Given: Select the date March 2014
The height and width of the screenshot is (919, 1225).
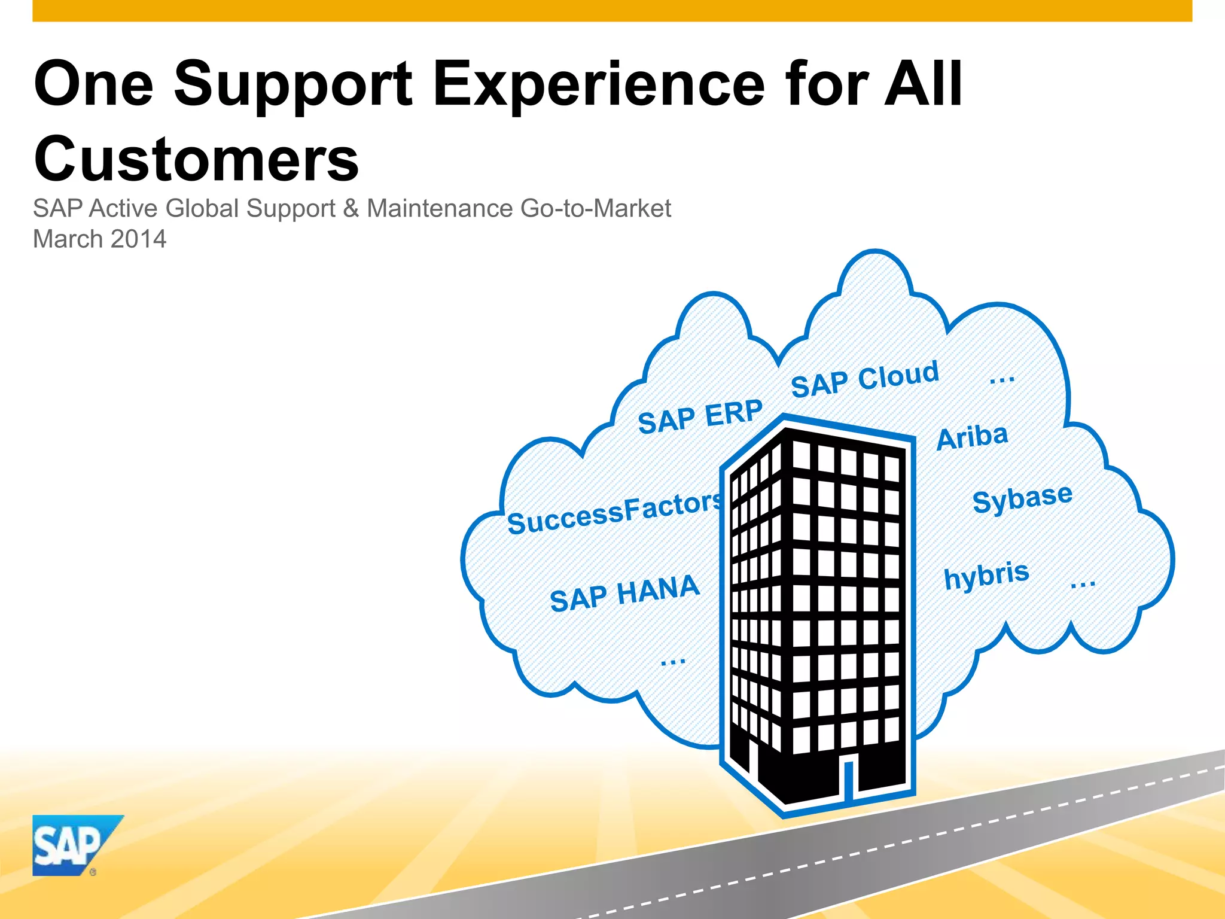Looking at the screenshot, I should point(99,239).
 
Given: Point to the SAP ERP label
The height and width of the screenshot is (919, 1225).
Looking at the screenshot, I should point(700,416).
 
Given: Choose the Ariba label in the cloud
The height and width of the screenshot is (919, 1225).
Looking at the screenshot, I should point(972,437).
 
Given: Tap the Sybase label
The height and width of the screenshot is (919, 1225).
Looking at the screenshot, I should point(1022,498).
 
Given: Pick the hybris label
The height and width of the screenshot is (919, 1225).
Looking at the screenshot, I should point(986,575).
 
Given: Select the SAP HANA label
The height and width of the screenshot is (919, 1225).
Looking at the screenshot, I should point(624,593).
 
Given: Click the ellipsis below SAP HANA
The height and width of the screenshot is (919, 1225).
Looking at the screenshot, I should point(673,662).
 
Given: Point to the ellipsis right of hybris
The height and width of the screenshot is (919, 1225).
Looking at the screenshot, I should point(1083,583).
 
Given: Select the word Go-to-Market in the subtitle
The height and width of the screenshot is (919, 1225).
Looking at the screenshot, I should point(595,209).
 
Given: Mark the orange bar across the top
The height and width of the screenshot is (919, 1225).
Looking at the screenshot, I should point(612,10).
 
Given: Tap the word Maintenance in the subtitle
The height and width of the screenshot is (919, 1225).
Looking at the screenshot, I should point(440,209).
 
